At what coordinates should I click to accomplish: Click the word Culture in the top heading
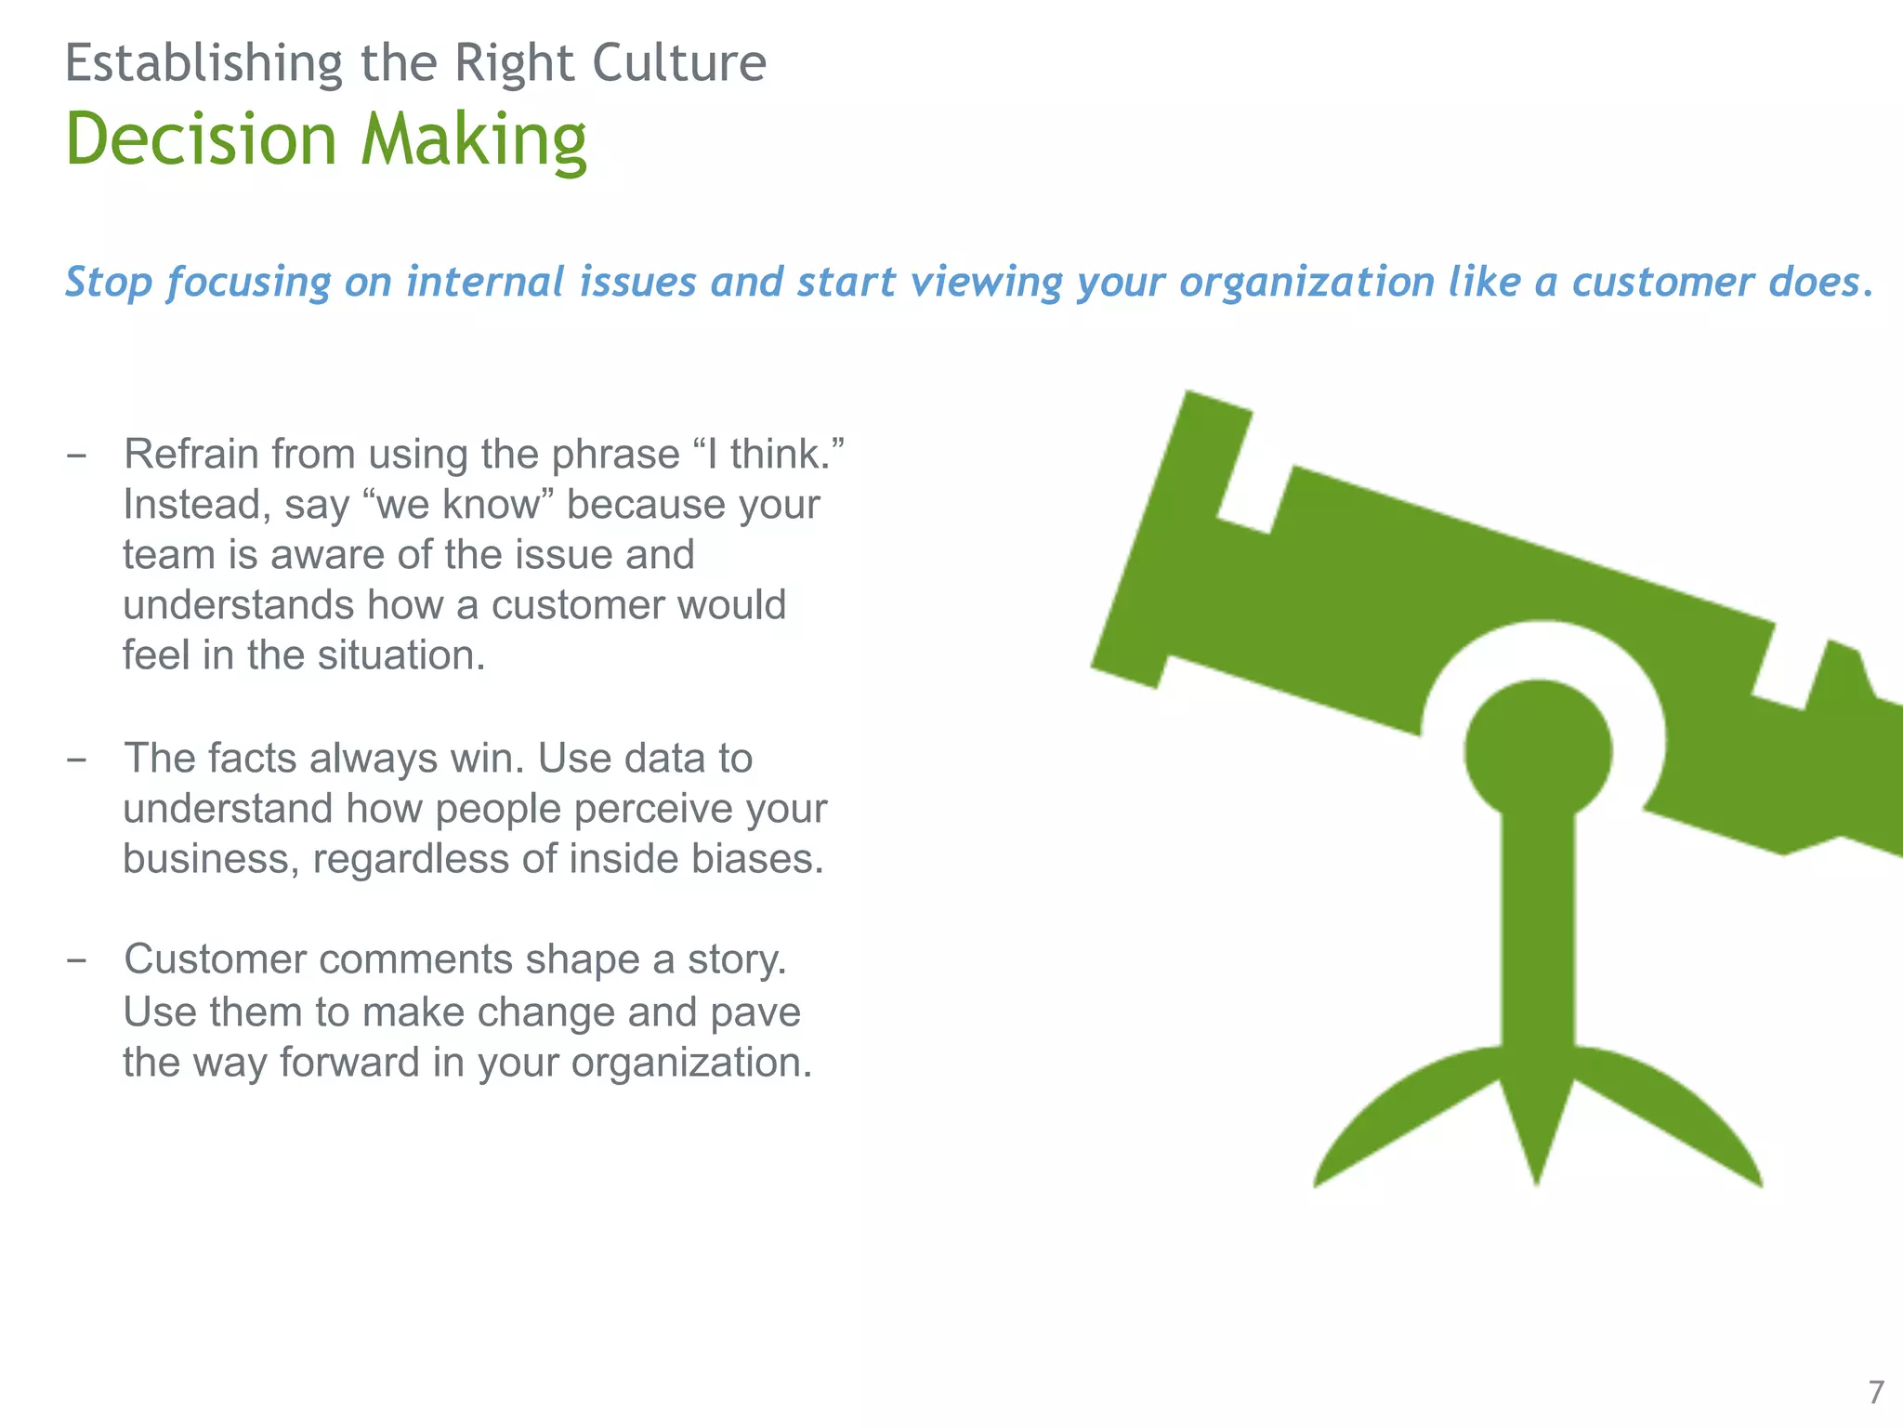click(x=678, y=63)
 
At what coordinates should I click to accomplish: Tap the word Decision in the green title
click(x=201, y=139)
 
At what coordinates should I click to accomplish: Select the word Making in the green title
click(x=474, y=141)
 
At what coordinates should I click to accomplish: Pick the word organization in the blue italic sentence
click(x=1306, y=282)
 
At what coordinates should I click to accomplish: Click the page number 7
click(x=1876, y=1392)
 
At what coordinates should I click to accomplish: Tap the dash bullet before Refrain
click(x=77, y=456)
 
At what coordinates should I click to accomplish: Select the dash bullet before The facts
click(x=77, y=760)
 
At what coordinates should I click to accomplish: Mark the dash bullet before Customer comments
click(x=77, y=960)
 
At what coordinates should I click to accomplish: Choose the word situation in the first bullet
click(x=401, y=655)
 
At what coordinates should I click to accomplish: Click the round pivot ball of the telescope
click(x=1538, y=749)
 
